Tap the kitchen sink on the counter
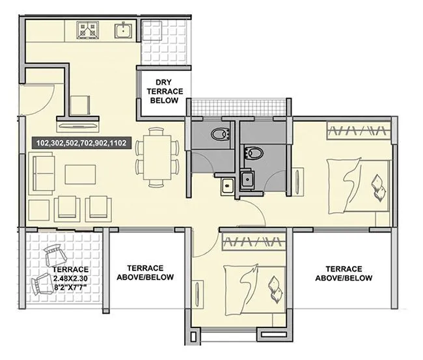coord(122,30)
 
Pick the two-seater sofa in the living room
coord(40,174)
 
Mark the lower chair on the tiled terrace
coord(43,282)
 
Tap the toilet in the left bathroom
coord(219,134)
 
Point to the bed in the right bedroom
coord(359,186)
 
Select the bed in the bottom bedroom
coord(255,286)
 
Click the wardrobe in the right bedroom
coord(359,130)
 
